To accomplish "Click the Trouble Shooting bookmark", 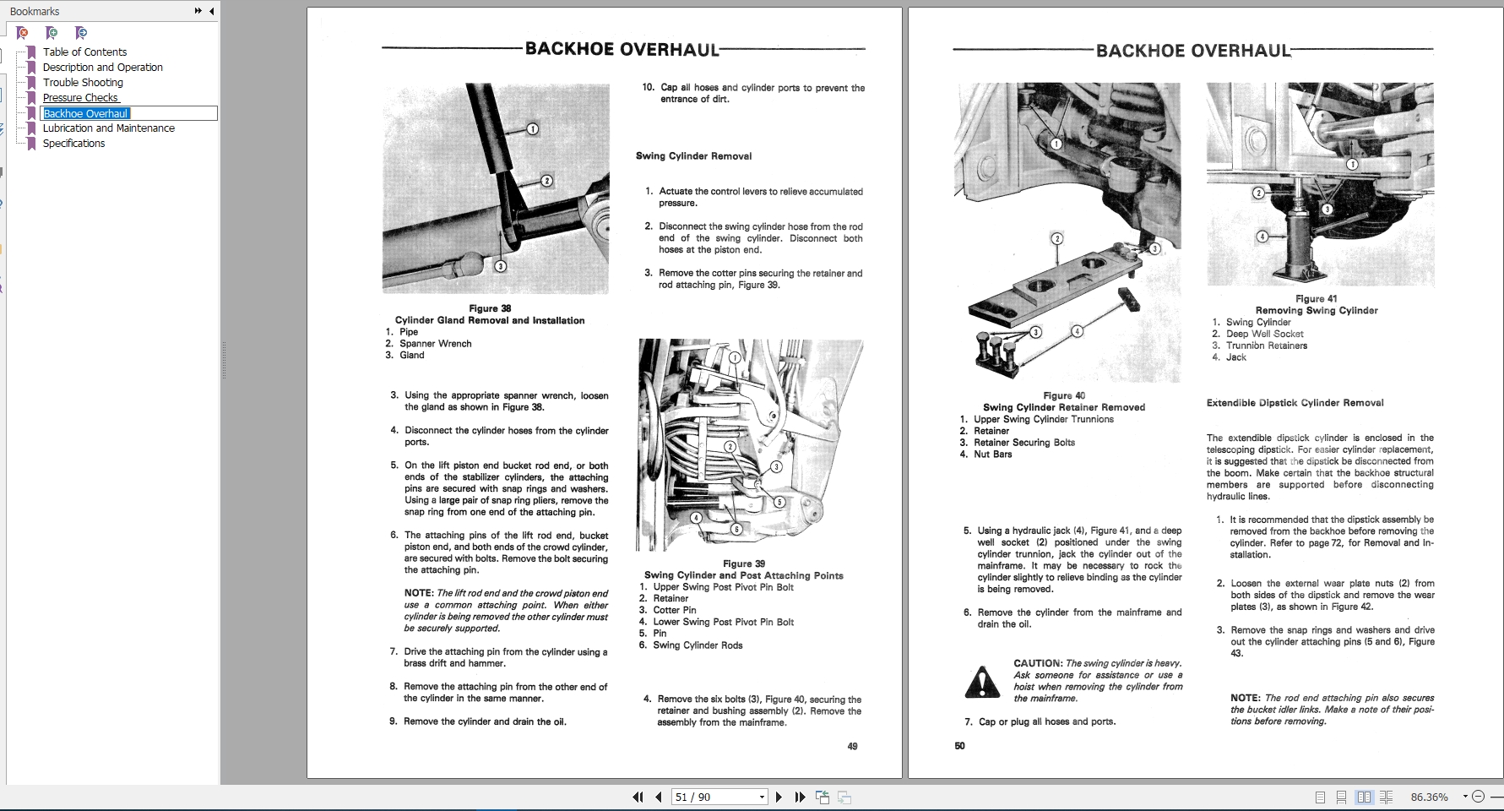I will click(x=83, y=82).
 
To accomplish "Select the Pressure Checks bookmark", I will click(x=80, y=97).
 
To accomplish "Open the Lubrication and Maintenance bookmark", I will click(x=108, y=128).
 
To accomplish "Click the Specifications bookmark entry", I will click(x=73, y=143).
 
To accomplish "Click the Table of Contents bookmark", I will click(x=84, y=52).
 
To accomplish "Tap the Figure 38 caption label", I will click(x=490, y=308).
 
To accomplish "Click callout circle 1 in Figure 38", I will click(x=532, y=129).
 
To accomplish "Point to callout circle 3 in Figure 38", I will click(x=500, y=266).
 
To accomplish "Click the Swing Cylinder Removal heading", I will click(x=693, y=155).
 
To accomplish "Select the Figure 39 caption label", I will click(x=743, y=563).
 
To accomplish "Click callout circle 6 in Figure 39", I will click(x=736, y=529).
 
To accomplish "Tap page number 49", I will click(x=852, y=746).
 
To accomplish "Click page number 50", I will click(x=959, y=746).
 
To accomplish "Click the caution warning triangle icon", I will click(x=981, y=682).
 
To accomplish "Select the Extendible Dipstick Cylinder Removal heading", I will click(x=1295, y=403).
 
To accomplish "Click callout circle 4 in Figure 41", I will click(x=1262, y=237).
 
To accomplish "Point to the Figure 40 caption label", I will click(x=1063, y=395).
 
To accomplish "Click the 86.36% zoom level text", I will click(x=1429, y=797).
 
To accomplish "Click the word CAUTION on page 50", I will click(x=1037, y=663).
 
